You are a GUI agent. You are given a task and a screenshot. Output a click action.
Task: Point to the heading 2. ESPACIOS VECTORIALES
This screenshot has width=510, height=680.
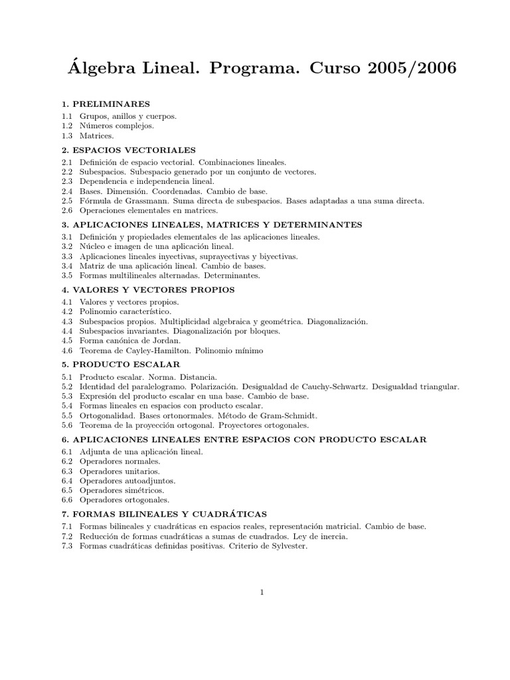tap(129, 150)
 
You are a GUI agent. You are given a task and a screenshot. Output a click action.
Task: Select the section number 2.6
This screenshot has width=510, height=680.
tap(66, 210)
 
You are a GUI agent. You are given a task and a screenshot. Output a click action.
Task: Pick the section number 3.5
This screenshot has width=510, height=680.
tap(66, 275)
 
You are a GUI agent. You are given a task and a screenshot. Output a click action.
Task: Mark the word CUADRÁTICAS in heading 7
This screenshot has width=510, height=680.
tap(232, 514)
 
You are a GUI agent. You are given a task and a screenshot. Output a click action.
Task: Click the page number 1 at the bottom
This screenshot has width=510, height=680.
tap(263, 593)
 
